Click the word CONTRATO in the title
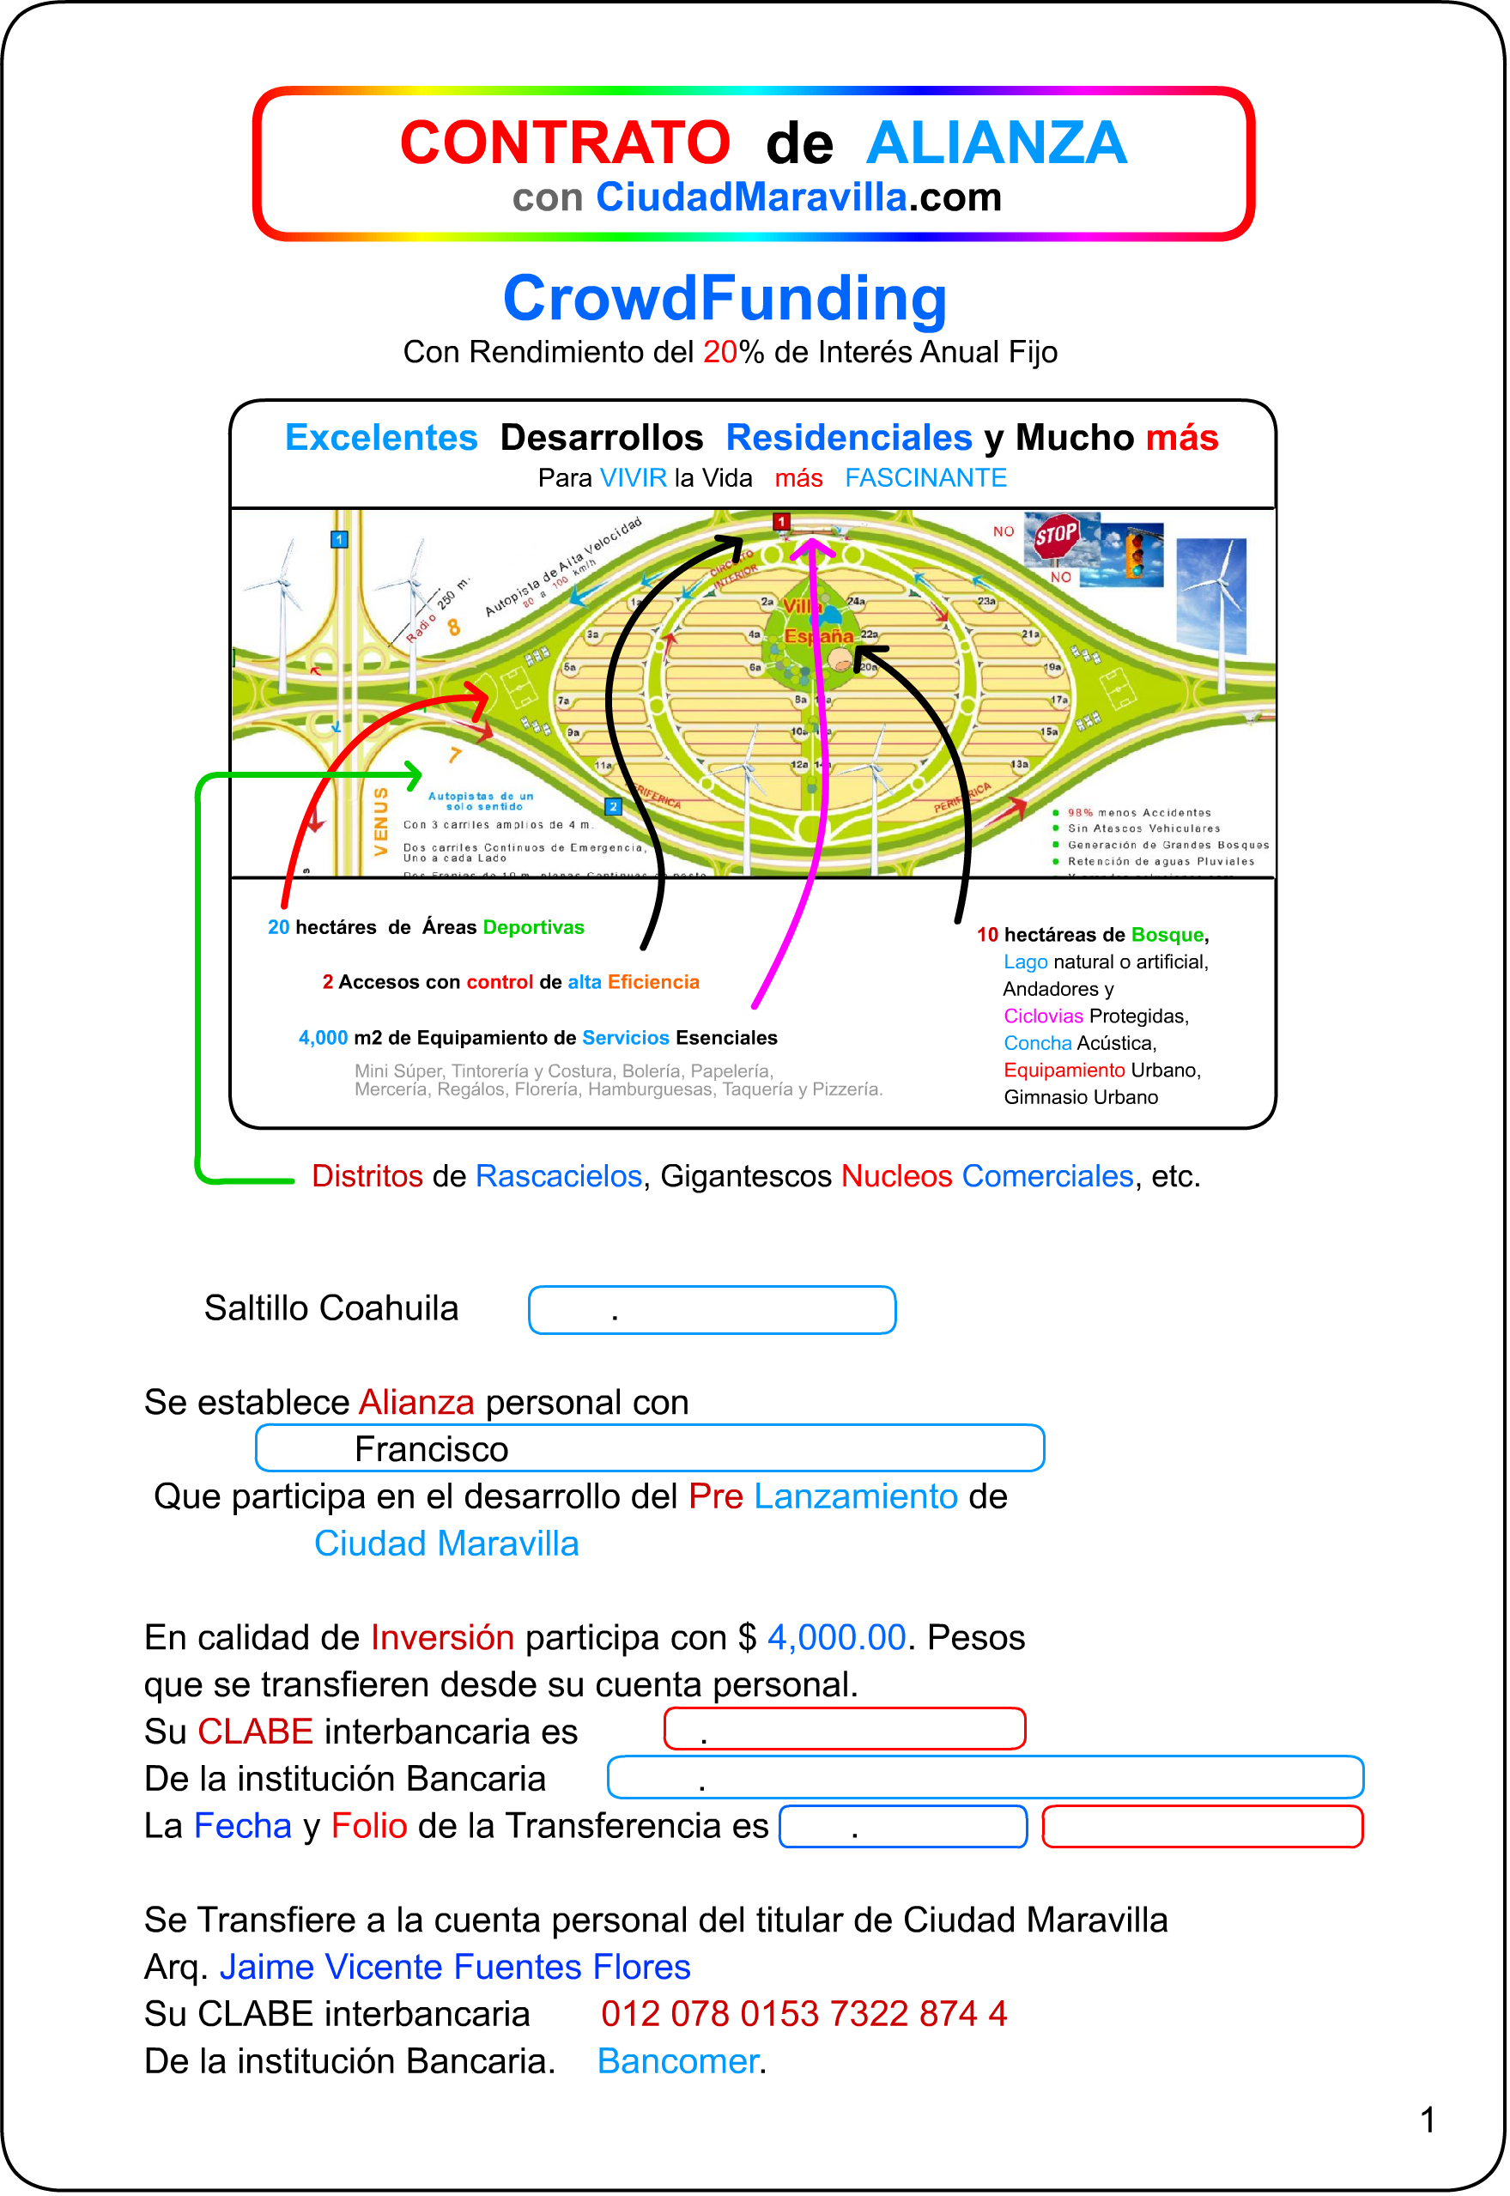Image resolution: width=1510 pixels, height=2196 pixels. [x=565, y=143]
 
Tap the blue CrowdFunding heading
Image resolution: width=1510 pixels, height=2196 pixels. [x=725, y=299]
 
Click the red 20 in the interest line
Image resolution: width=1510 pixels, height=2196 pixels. [x=719, y=352]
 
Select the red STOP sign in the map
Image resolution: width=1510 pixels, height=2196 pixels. [x=1056, y=537]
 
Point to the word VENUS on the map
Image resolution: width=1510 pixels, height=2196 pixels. [x=380, y=821]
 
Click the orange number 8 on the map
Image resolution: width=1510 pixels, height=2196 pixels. [x=454, y=627]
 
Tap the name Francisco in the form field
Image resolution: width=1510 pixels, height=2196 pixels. [x=432, y=1448]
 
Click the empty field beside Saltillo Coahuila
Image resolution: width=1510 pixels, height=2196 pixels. [x=712, y=1309]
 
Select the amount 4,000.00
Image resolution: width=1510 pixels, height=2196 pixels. [x=836, y=1637]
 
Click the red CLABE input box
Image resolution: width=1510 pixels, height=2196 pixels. [x=844, y=1729]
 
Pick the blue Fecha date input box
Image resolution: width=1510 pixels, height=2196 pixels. [x=902, y=1826]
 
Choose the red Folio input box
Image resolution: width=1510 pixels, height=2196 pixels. [x=1202, y=1826]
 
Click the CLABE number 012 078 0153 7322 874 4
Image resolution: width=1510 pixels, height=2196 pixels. [x=804, y=2013]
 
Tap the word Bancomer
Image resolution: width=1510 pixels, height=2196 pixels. [x=677, y=2060]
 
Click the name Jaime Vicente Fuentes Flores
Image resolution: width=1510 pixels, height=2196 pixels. [x=455, y=1966]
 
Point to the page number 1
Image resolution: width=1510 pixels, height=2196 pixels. [x=1428, y=2120]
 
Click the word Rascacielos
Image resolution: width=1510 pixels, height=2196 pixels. [x=558, y=1176]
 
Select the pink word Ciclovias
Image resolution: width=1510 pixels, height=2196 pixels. [x=1043, y=1016]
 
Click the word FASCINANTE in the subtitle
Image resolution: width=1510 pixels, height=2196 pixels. [x=925, y=478]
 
